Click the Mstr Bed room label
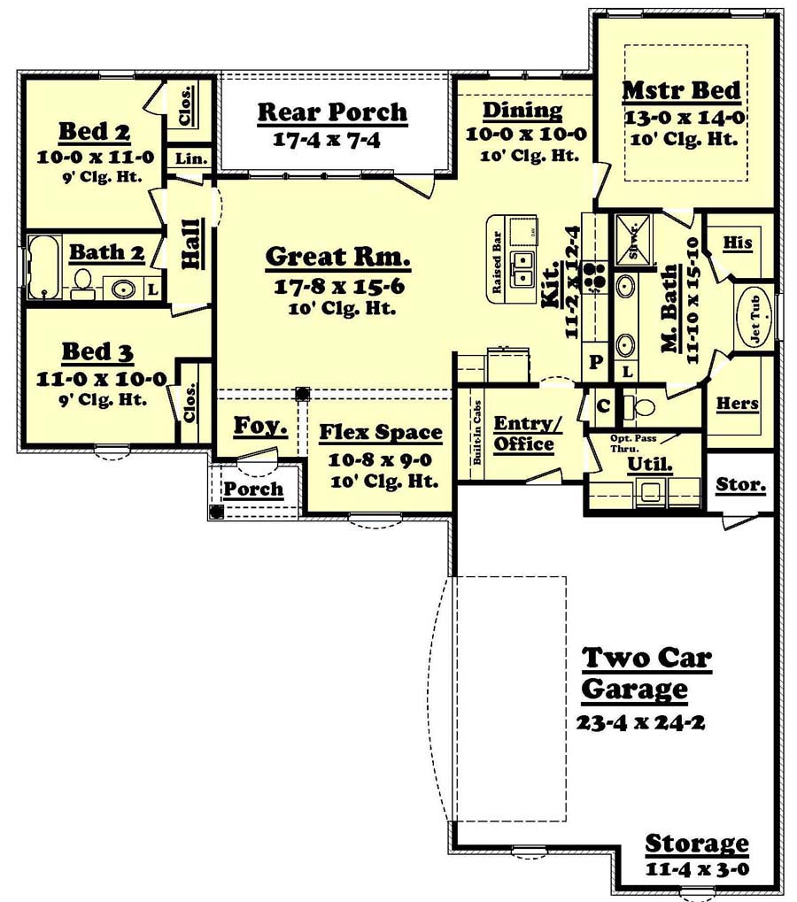[x=681, y=90]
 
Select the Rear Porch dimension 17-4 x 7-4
[x=331, y=139]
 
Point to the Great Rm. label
[x=337, y=258]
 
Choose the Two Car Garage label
[x=646, y=673]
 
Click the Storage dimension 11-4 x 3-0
[x=697, y=868]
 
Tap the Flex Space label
[x=380, y=433]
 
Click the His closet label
[x=737, y=243]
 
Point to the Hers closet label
[x=737, y=404]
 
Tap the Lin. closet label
[x=190, y=159]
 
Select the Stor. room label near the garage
[x=740, y=486]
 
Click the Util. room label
[x=643, y=463]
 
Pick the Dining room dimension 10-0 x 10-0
[x=522, y=135]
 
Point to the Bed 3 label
[x=97, y=352]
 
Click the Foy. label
[x=259, y=427]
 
